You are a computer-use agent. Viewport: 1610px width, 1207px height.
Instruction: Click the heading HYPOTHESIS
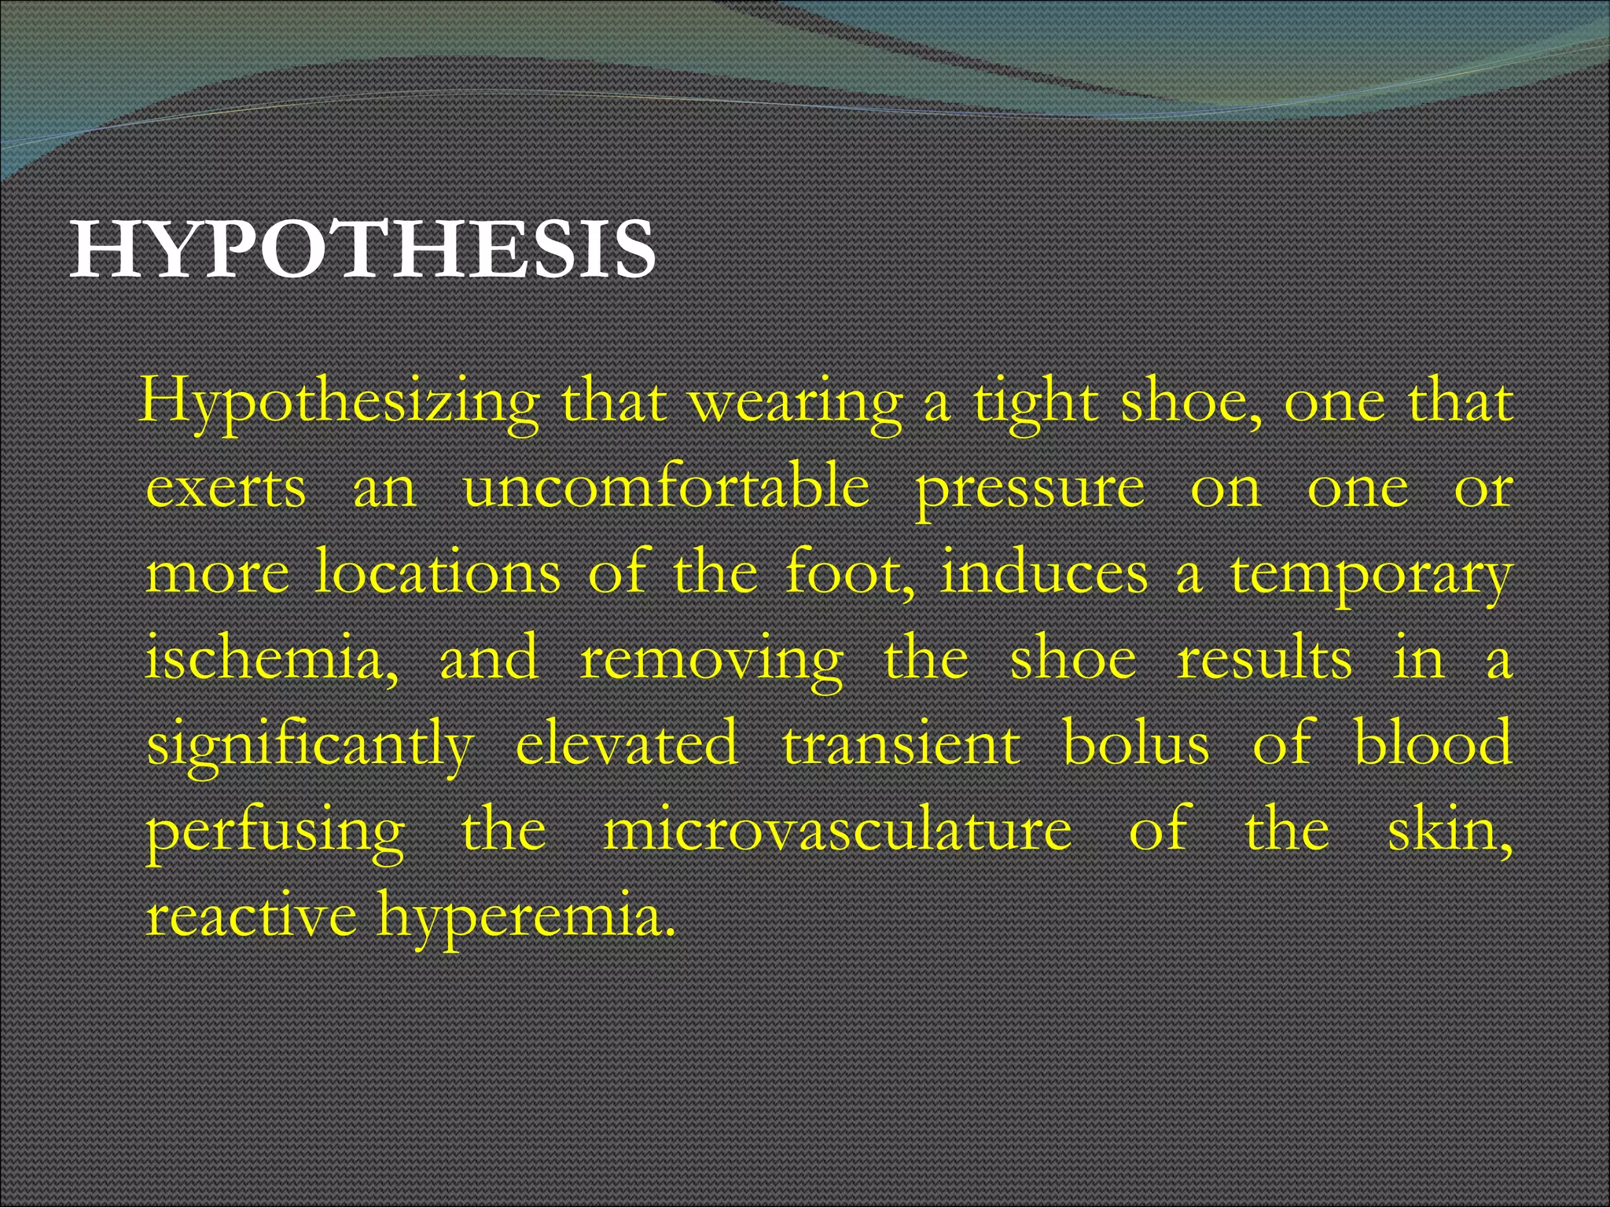[x=362, y=251]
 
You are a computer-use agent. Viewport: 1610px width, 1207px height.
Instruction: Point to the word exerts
[x=226, y=489]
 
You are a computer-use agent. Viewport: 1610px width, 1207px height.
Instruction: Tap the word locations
[x=438, y=573]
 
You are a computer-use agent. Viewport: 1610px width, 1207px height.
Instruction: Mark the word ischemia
[x=272, y=659]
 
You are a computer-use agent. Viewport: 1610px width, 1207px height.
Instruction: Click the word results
[x=1264, y=659]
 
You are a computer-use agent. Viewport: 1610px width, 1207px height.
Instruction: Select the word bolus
[x=1136, y=743]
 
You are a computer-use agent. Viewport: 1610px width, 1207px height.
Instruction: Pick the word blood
[x=1433, y=743]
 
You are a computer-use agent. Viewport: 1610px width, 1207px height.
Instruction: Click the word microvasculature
[x=837, y=830]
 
